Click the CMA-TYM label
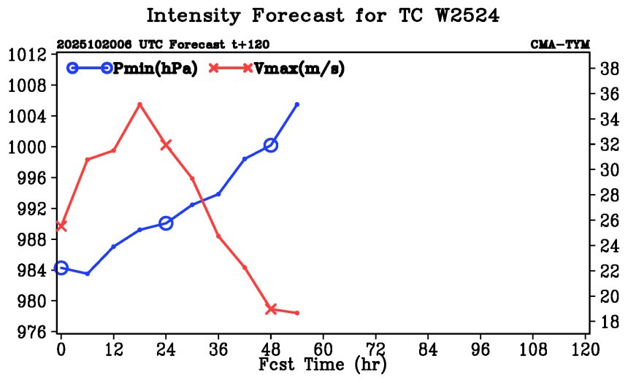tap(560, 45)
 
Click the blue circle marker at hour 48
tap(271, 145)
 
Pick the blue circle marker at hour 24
tap(166, 223)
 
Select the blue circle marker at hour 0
tap(61, 268)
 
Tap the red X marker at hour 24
tap(166, 144)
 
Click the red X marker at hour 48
tap(271, 309)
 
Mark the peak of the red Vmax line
tap(139, 104)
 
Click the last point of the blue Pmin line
tap(297, 104)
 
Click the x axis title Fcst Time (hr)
tap(323, 363)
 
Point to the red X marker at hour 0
tap(61, 226)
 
